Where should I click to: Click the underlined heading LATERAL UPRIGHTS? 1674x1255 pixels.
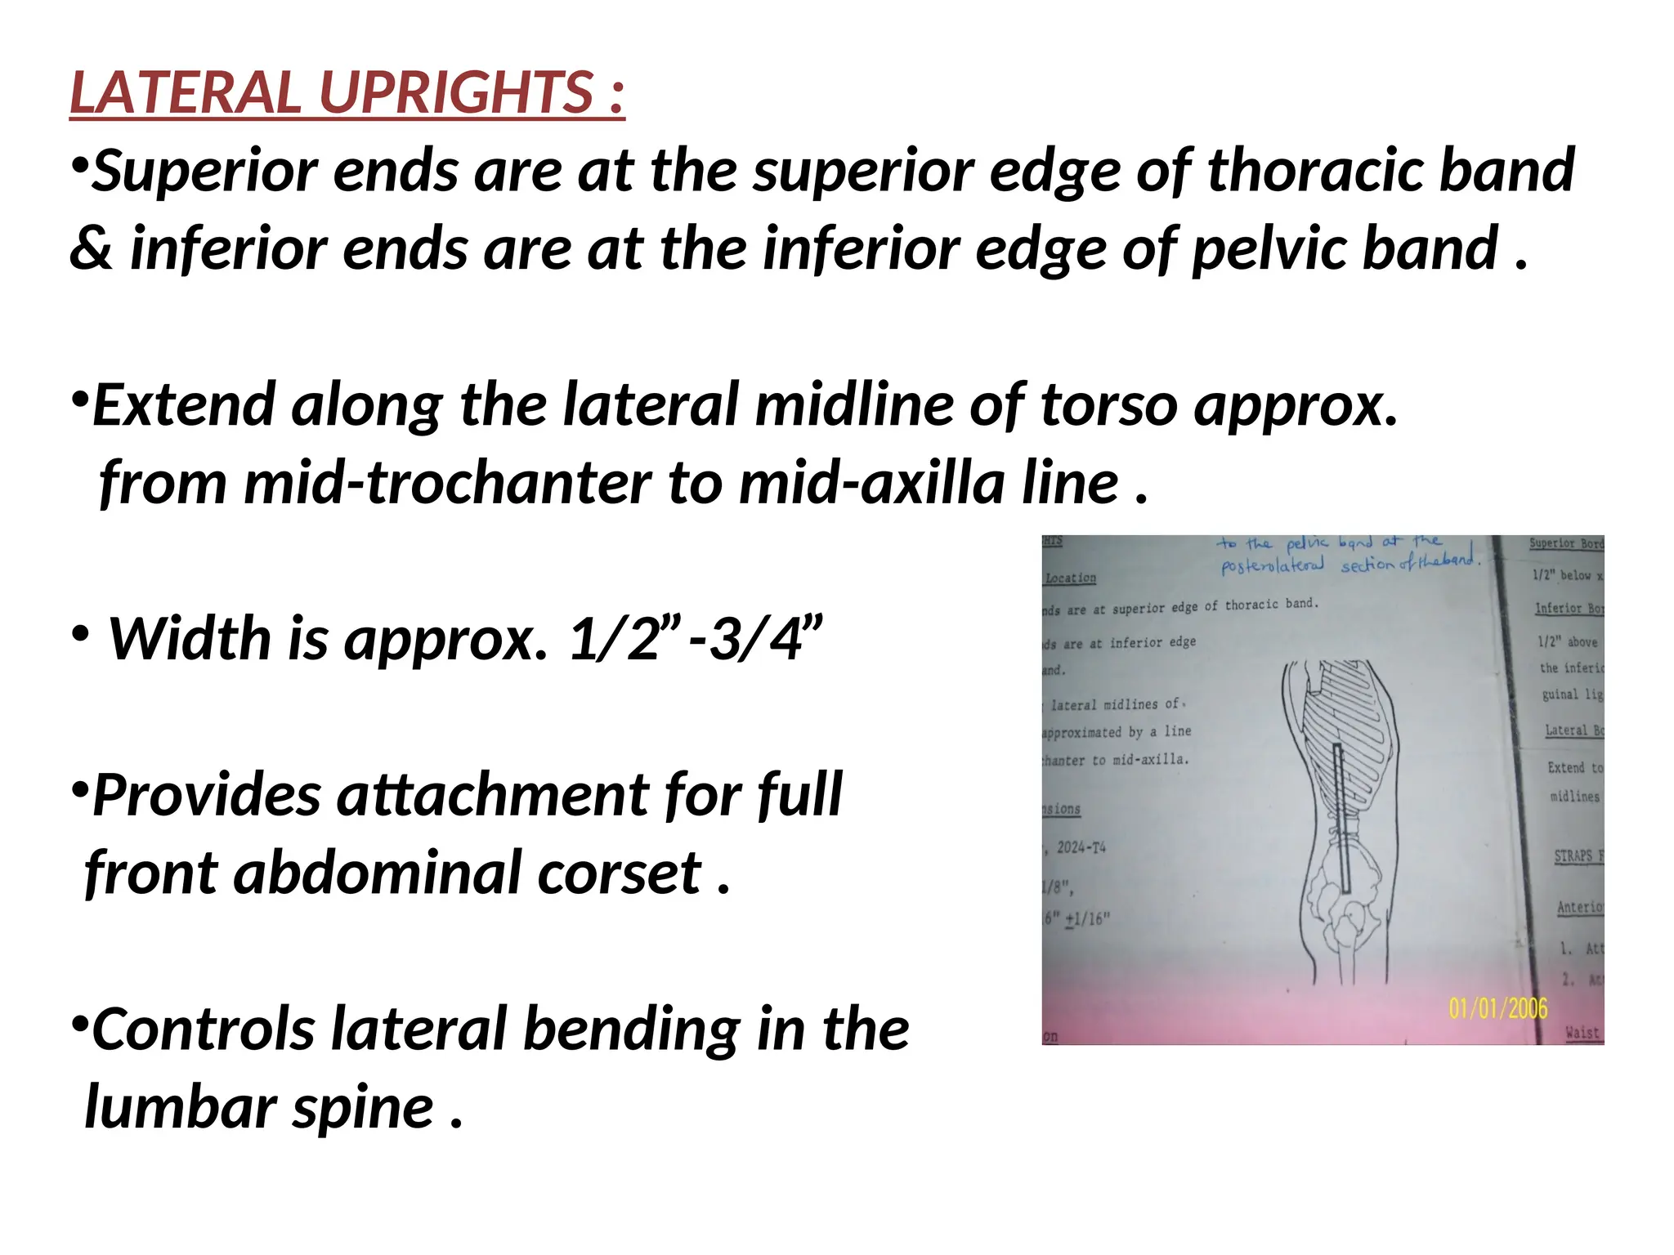point(347,92)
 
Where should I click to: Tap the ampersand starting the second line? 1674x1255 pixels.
point(90,249)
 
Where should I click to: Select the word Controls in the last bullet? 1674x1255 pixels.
point(204,1029)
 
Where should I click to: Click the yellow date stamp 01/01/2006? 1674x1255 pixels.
point(1497,1008)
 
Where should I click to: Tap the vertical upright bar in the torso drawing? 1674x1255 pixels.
point(1341,817)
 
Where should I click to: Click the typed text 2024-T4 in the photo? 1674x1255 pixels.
point(1081,847)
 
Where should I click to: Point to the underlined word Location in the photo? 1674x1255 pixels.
point(1070,578)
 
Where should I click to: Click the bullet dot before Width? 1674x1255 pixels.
point(79,634)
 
